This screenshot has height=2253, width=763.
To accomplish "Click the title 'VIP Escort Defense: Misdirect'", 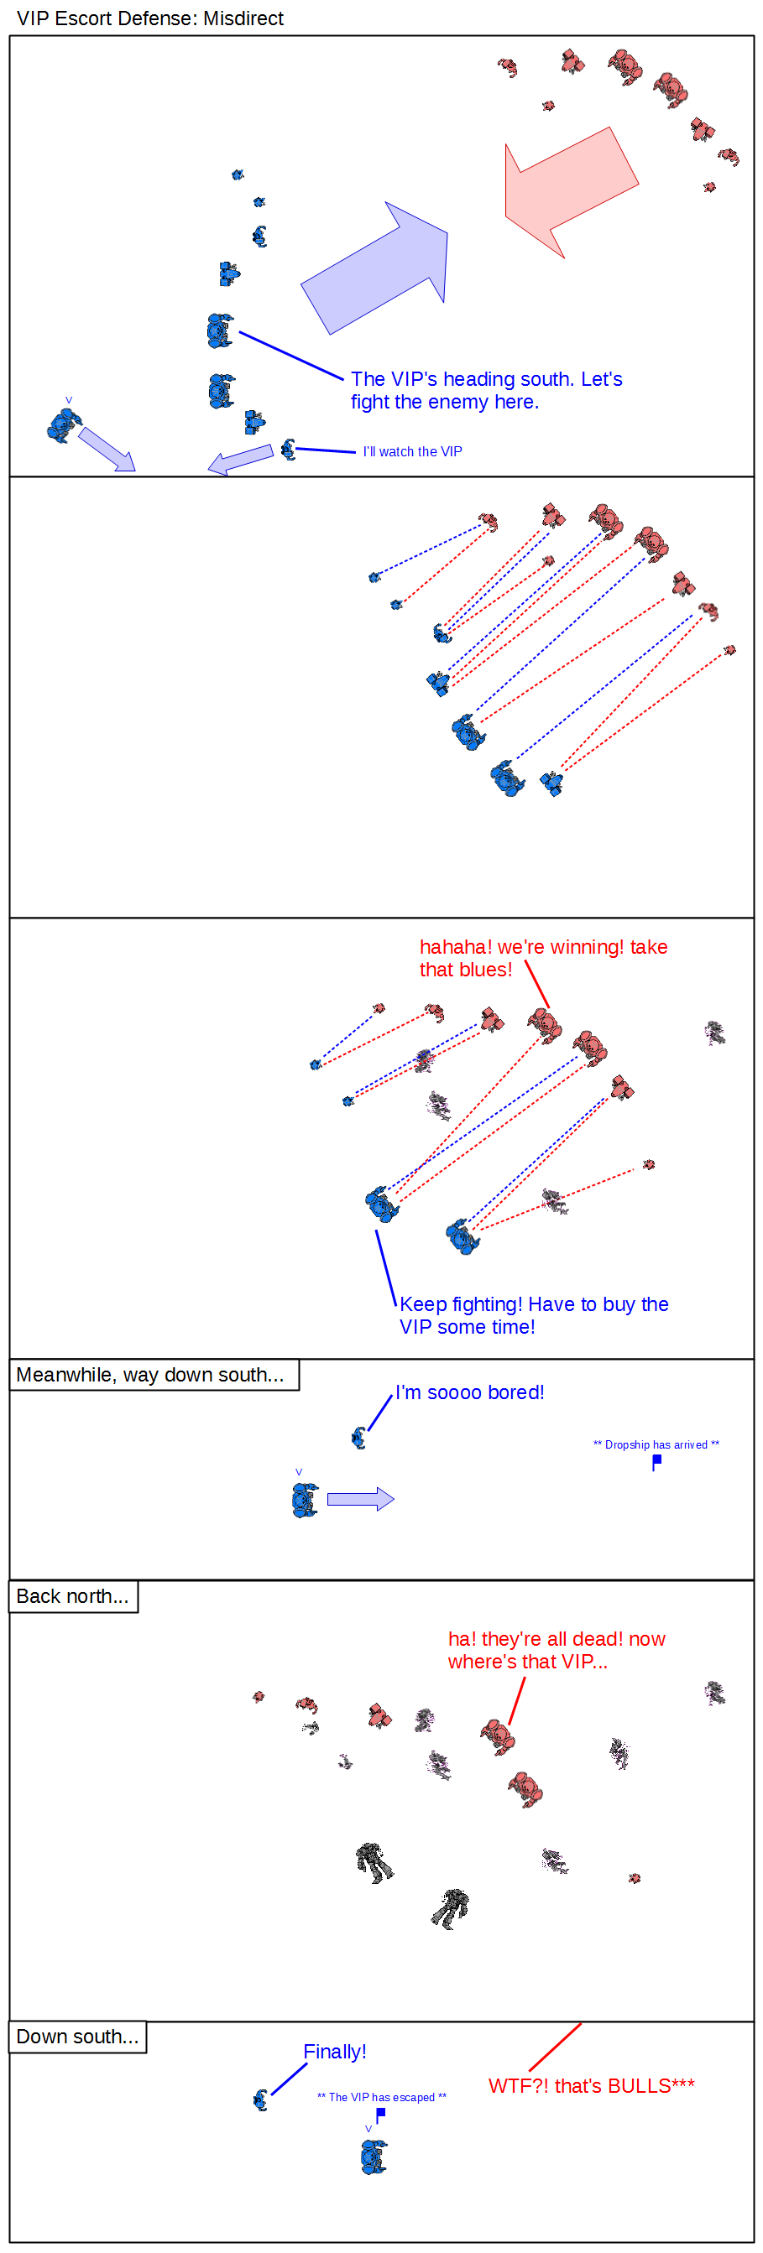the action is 149,18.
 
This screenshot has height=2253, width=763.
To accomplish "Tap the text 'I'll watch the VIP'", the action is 412,451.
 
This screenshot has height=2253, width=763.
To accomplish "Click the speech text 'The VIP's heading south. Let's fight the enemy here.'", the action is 487,390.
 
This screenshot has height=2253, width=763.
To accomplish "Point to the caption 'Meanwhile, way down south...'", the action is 149,1374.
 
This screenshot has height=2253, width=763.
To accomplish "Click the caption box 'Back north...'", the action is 73,1595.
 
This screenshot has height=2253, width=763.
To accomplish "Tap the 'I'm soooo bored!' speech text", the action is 470,1392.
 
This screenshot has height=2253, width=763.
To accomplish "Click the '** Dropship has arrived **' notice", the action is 656,1444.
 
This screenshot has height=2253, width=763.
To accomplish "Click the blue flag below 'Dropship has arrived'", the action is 656,1461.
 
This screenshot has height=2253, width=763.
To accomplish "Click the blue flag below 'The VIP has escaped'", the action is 379,2115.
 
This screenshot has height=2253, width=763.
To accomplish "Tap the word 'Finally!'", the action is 334,2051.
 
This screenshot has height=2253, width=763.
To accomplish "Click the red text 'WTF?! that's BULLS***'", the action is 592,2085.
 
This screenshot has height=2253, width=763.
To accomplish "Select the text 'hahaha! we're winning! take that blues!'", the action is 543,958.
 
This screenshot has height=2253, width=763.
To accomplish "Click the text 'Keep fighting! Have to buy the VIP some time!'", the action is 534,1314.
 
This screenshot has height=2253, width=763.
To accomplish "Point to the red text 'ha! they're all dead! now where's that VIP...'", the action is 557,1650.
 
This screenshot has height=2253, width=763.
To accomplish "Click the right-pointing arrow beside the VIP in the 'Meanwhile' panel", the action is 360,1499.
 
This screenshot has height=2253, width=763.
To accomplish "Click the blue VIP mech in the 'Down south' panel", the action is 374,2156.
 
